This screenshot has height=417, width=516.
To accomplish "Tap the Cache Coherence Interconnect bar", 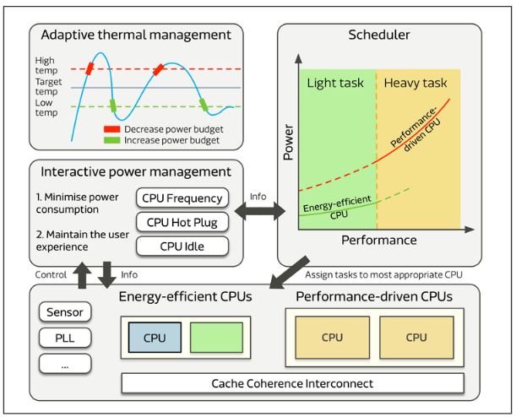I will click(x=293, y=383).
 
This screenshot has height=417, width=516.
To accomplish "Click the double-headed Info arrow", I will click(x=258, y=213).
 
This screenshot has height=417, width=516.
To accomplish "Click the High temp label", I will click(x=47, y=66).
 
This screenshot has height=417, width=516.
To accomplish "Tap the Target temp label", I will click(x=47, y=88).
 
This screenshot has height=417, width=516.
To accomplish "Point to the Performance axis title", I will click(x=378, y=241).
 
